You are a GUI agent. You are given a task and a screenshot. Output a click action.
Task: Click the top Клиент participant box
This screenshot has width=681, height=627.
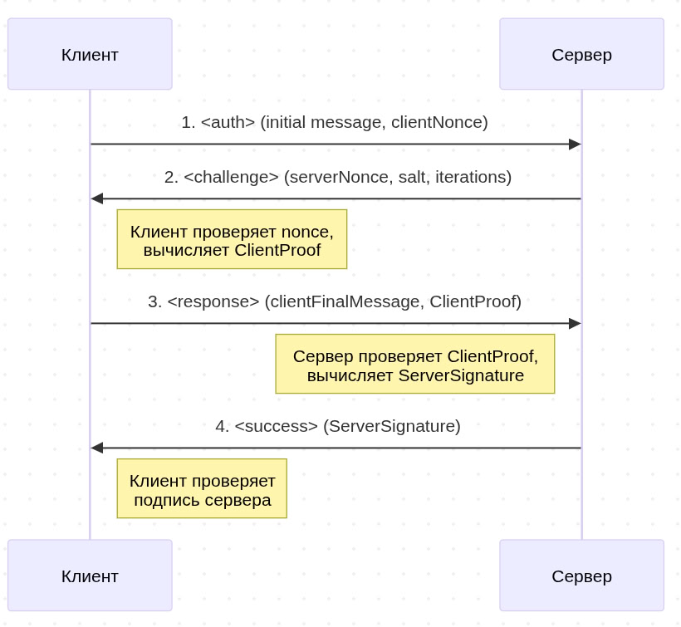(90, 54)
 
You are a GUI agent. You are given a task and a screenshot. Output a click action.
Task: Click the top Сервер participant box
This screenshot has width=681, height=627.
(581, 54)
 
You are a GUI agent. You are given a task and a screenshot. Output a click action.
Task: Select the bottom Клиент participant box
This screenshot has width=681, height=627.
(90, 576)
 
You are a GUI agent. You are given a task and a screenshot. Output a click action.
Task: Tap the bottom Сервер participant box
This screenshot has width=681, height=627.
(581, 576)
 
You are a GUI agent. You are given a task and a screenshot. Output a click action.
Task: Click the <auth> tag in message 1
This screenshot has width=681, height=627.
(228, 122)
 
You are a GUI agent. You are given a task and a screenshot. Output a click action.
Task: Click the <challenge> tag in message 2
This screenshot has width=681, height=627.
(231, 177)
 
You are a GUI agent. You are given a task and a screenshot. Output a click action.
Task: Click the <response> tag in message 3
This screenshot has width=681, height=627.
(213, 301)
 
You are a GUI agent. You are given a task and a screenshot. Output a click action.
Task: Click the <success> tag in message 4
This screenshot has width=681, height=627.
(276, 426)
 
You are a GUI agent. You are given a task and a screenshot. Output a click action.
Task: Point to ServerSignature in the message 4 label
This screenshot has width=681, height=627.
(391, 426)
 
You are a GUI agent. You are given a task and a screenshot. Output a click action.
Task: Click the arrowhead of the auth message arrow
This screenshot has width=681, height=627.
(575, 145)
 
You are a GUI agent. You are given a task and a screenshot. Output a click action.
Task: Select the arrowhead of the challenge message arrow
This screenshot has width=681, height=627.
(97, 198)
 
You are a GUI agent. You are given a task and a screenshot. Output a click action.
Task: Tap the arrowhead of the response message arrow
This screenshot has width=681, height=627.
(575, 323)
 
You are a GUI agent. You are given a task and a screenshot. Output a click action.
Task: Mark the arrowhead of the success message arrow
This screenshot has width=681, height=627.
(97, 448)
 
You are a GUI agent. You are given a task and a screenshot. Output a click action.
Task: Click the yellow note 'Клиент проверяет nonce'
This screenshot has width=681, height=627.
(232, 239)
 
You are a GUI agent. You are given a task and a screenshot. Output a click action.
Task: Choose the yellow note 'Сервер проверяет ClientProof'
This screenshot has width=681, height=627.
(415, 364)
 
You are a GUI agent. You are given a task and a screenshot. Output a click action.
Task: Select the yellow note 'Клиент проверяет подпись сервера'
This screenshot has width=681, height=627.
(202, 488)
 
